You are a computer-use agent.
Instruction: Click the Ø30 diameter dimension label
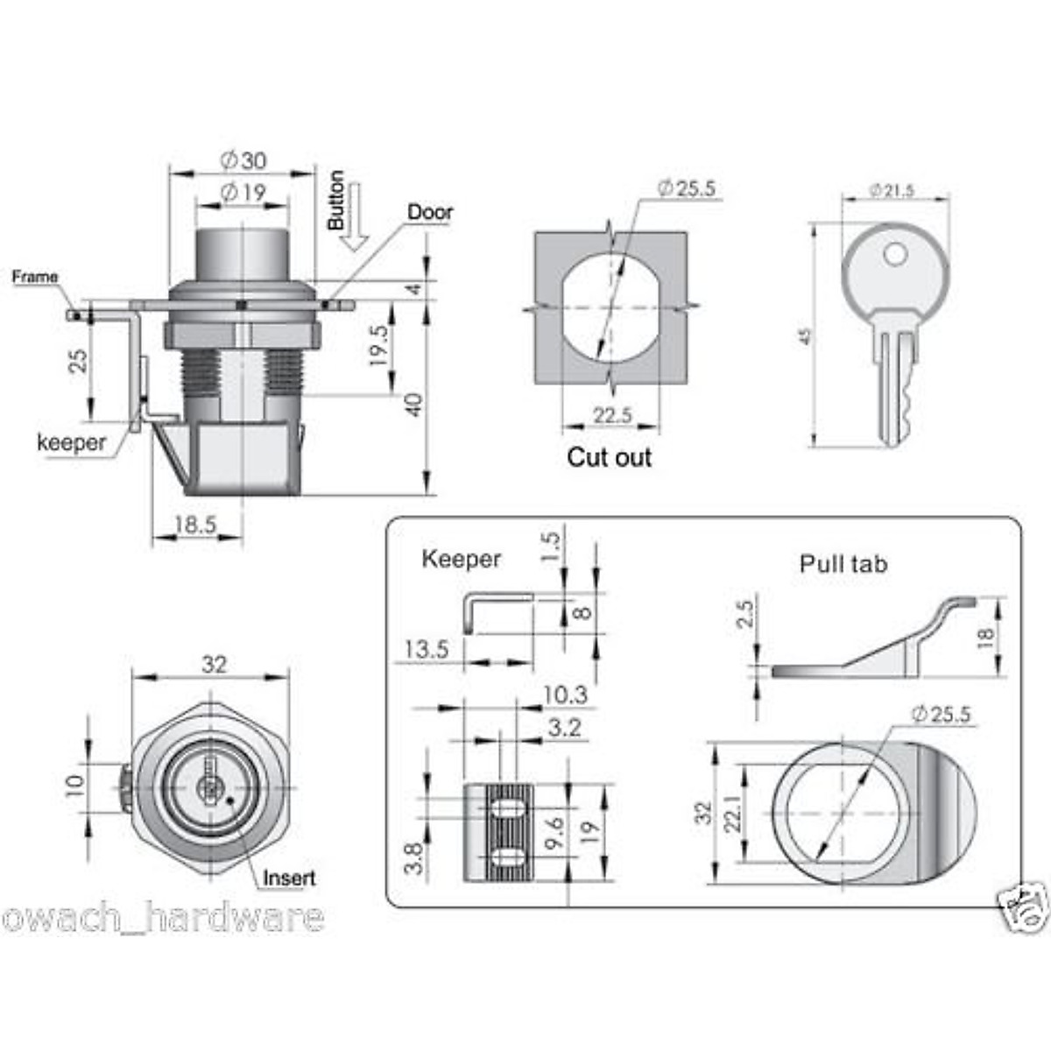click(x=243, y=160)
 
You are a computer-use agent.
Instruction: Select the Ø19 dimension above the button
click(x=243, y=193)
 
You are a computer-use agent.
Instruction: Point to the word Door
click(x=430, y=212)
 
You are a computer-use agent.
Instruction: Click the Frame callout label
click(x=35, y=278)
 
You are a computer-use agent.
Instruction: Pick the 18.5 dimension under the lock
click(x=195, y=525)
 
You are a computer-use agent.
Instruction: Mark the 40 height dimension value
click(x=413, y=405)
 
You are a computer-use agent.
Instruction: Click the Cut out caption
click(x=610, y=457)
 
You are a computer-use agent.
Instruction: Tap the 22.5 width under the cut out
click(x=611, y=415)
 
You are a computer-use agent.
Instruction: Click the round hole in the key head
click(x=895, y=254)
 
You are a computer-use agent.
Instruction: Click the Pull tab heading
click(x=843, y=564)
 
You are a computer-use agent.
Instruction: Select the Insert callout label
click(x=289, y=878)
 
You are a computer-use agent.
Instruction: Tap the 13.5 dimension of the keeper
click(x=426, y=649)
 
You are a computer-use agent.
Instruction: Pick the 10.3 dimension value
click(x=564, y=695)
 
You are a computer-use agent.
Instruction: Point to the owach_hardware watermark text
click(x=163, y=919)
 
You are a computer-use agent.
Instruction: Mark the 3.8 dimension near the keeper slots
click(x=415, y=857)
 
